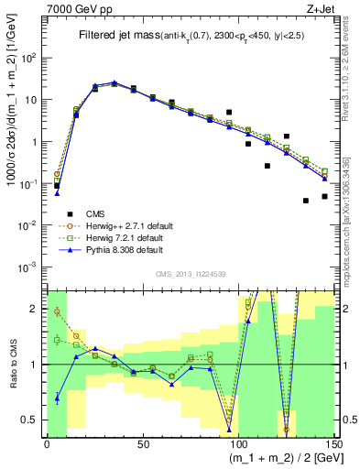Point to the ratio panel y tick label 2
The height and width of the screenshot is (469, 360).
pos(37,308)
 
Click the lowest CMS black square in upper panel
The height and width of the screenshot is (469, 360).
pos(306,201)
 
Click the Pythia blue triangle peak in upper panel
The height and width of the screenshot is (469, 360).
pos(115,82)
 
